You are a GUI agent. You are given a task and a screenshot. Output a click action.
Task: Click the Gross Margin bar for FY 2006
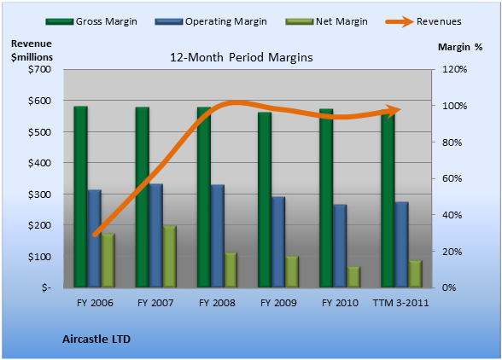click(x=80, y=196)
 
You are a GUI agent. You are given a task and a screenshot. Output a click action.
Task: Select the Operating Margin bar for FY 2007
click(x=156, y=235)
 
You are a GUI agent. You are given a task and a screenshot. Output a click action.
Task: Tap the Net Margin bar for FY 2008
click(x=231, y=270)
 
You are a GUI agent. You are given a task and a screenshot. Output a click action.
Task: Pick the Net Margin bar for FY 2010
click(x=353, y=276)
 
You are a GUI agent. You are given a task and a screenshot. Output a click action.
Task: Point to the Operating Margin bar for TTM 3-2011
click(x=402, y=245)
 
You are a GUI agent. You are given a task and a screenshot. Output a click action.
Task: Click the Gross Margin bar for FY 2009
click(x=265, y=200)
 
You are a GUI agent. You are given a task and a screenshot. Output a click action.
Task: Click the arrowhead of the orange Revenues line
click(x=394, y=111)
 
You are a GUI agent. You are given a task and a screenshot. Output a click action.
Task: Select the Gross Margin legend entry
click(x=91, y=21)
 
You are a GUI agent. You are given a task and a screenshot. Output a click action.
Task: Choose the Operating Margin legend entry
click(x=211, y=21)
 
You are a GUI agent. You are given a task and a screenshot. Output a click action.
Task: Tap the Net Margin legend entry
click(x=327, y=21)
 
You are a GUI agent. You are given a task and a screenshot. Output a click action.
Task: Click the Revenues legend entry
click(x=423, y=21)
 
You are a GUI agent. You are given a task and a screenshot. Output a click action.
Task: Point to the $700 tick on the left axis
click(x=39, y=69)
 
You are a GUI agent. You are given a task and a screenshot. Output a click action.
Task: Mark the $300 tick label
click(x=39, y=195)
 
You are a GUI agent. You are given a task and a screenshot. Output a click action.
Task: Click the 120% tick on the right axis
click(x=454, y=69)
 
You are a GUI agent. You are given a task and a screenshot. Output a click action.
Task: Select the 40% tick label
click(x=452, y=215)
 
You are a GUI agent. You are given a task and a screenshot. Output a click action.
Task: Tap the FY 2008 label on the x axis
click(x=217, y=303)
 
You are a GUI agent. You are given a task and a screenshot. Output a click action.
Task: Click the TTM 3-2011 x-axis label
click(x=401, y=303)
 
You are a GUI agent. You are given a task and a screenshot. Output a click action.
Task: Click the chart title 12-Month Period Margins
click(x=242, y=58)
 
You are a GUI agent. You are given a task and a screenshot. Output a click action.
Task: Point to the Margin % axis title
click(x=460, y=47)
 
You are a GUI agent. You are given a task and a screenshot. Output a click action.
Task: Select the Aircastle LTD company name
click(x=96, y=340)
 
